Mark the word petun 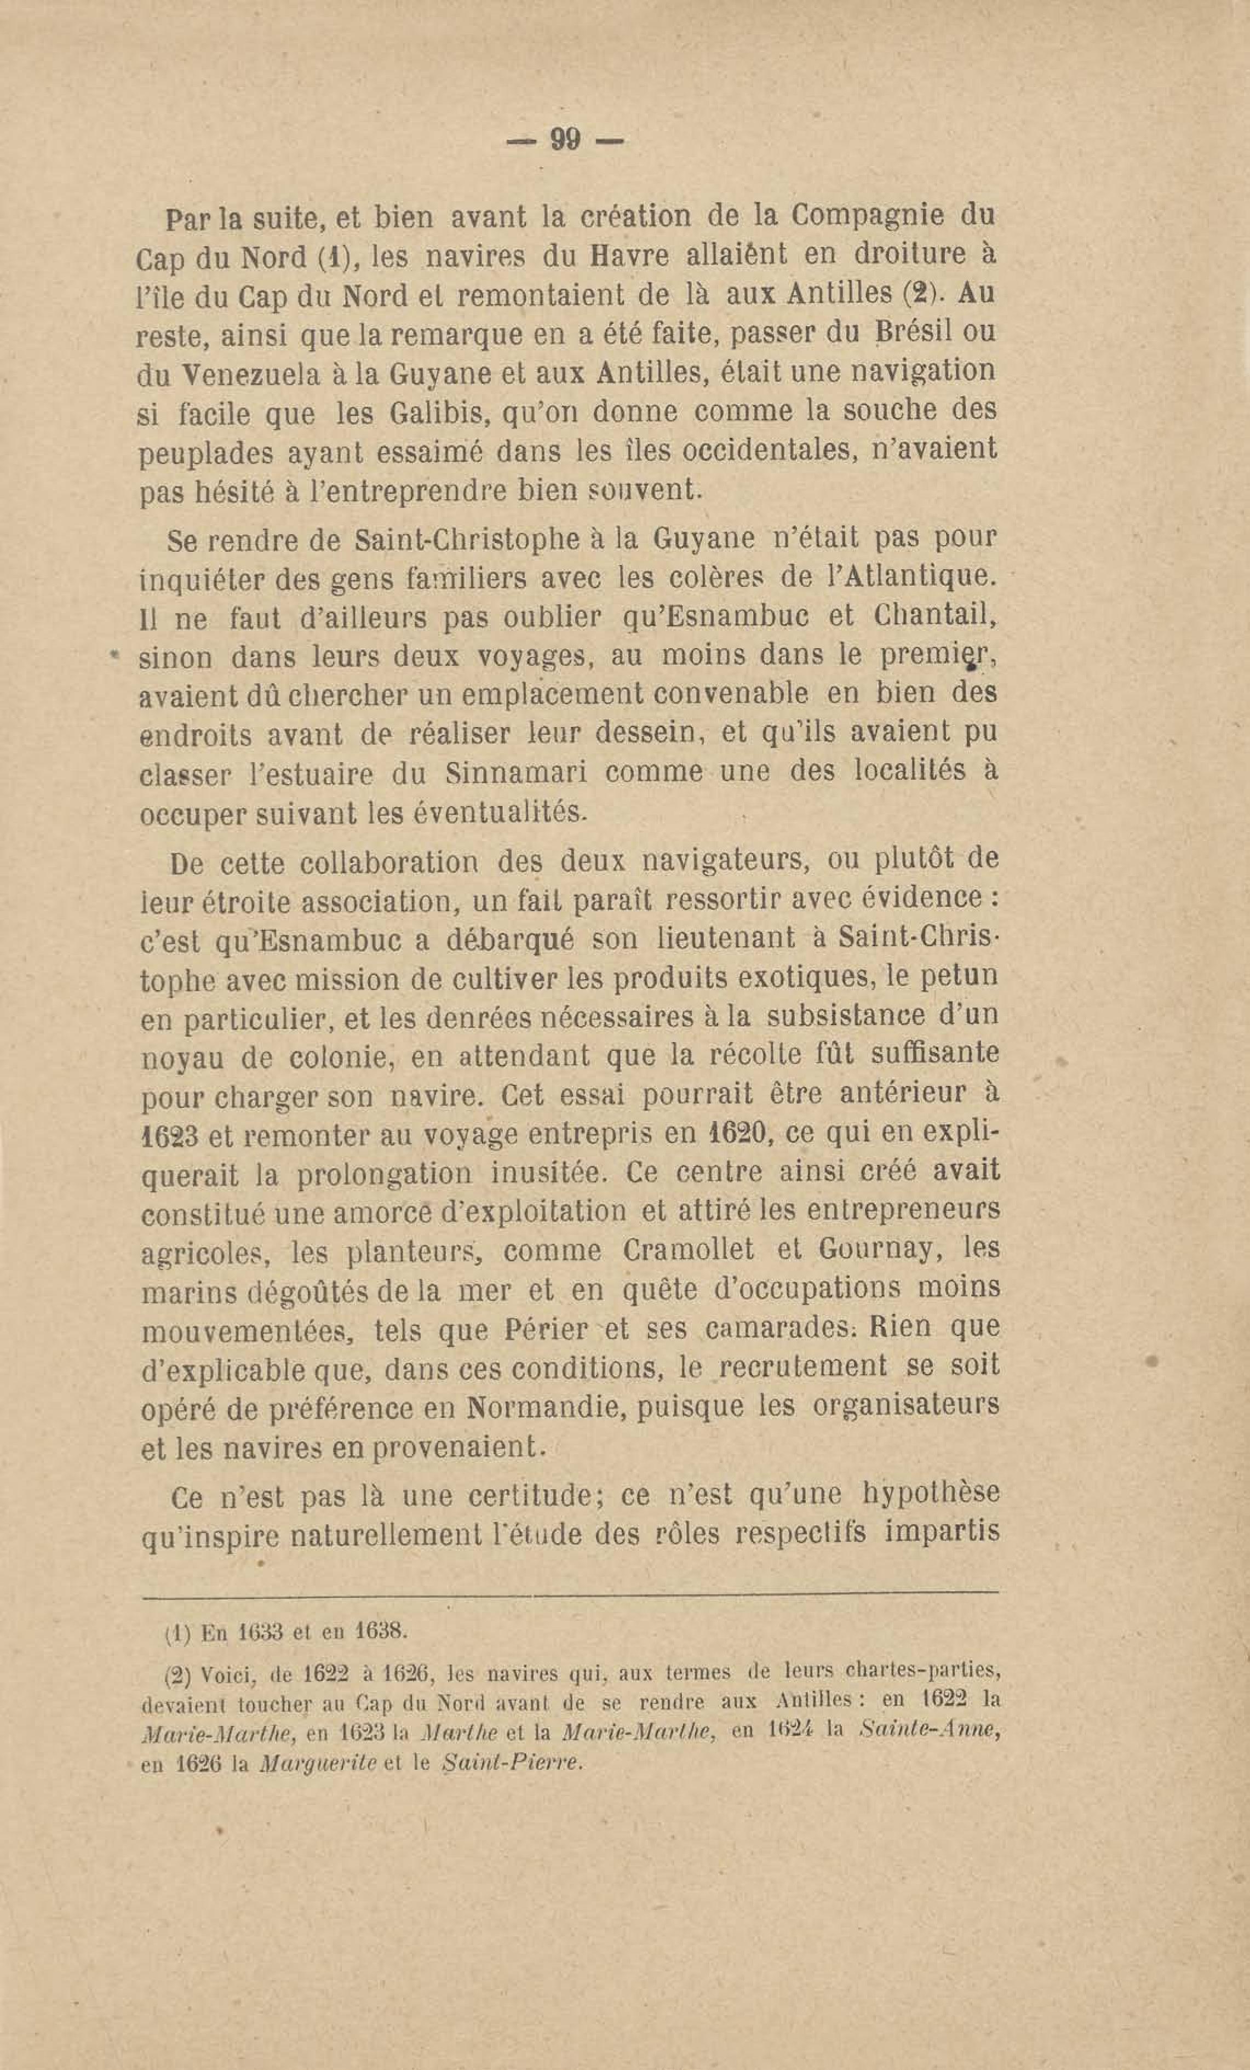956,979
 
